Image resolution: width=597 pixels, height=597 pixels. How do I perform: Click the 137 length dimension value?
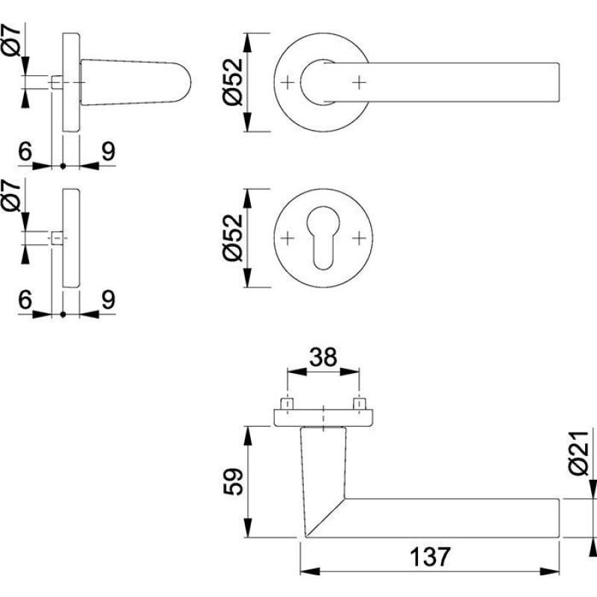(x=430, y=557)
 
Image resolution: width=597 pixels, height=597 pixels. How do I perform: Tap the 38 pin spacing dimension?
(x=322, y=358)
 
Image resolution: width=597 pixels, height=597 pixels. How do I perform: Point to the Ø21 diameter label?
(x=583, y=457)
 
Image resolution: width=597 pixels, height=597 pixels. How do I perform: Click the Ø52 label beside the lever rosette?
(x=234, y=82)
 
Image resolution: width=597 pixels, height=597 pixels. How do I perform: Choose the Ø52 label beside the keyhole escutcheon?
(x=234, y=238)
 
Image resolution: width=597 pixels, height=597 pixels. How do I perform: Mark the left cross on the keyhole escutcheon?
(x=288, y=238)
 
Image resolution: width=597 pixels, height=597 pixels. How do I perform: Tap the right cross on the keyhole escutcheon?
(x=360, y=238)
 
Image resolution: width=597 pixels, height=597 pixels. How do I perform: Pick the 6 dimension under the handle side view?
(x=24, y=151)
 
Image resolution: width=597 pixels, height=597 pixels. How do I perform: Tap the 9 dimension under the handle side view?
(x=107, y=151)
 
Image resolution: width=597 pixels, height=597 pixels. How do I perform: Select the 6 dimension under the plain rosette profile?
(x=24, y=300)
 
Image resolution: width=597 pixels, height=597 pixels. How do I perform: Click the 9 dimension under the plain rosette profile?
(x=107, y=300)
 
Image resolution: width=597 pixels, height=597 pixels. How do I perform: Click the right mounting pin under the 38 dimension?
(x=359, y=404)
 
